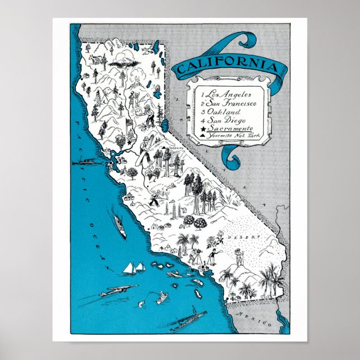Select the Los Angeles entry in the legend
[x=227, y=94]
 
